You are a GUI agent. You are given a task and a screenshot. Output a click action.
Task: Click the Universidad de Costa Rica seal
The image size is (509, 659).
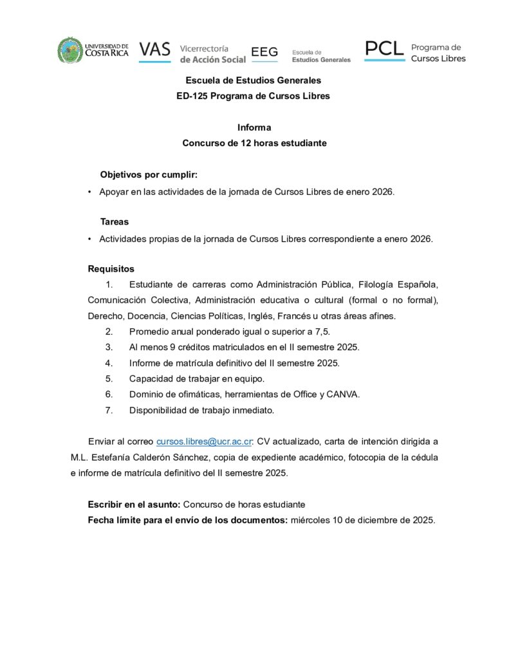click(x=70, y=50)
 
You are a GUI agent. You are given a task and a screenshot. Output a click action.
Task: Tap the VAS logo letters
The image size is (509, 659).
click(x=154, y=50)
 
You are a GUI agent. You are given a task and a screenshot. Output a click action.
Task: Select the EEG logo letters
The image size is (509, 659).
click(x=264, y=52)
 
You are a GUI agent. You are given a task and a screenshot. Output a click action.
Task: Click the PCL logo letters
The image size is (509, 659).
click(x=384, y=48)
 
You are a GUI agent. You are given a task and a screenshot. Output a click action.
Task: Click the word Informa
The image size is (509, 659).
click(x=254, y=127)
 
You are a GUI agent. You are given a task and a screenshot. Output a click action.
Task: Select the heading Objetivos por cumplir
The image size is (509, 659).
click(x=149, y=175)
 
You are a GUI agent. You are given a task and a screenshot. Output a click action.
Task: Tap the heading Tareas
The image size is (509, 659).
click(x=115, y=221)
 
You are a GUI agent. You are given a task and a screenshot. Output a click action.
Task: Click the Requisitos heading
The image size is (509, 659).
click(x=111, y=269)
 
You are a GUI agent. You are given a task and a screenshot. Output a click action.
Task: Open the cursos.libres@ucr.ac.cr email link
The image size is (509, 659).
click(x=203, y=441)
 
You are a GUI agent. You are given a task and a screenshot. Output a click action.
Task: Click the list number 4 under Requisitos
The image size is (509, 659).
click(x=109, y=363)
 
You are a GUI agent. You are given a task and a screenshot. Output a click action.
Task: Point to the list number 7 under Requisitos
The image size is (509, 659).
click(x=109, y=410)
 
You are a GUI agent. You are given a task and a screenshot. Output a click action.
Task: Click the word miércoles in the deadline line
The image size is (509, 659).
click(x=310, y=520)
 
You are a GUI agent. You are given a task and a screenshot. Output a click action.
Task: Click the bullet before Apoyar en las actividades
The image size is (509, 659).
click(x=89, y=192)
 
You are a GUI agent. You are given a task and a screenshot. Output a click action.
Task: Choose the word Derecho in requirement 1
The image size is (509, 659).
click(x=105, y=316)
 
